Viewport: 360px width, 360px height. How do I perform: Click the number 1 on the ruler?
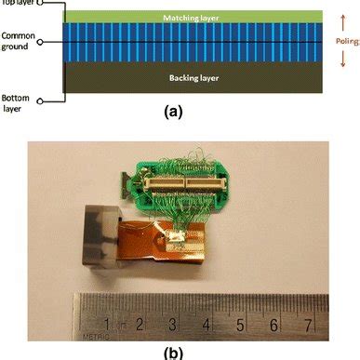(x=109, y=325)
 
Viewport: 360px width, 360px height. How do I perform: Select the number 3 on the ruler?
(x=175, y=325)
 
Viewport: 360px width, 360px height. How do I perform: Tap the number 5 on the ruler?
(x=241, y=326)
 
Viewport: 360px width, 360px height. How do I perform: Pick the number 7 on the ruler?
(x=307, y=327)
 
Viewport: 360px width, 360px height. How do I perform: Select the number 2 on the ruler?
(x=141, y=325)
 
